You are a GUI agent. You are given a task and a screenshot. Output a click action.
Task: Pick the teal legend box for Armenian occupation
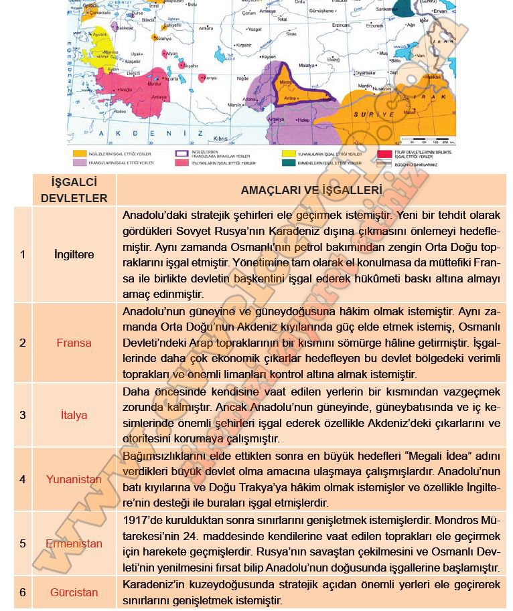click(x=289, y=163)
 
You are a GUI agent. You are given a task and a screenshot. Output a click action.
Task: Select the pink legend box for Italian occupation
click(x=180, y=163)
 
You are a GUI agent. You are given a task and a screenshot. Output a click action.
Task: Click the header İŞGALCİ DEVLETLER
click(x=74, y=190)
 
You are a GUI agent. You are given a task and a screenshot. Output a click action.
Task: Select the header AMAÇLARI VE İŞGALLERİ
click(x=311, y=190)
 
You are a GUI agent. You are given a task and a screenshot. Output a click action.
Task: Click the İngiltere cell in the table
click(x=74, y=254)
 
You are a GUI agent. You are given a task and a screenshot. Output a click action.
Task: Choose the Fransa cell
click(x=74, y=343)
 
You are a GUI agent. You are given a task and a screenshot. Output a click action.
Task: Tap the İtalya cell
click(x=74, y=415)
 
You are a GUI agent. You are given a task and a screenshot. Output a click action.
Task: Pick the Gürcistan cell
click(x=74, y=592)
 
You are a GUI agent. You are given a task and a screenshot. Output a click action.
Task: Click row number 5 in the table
click(x=23, y=543)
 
